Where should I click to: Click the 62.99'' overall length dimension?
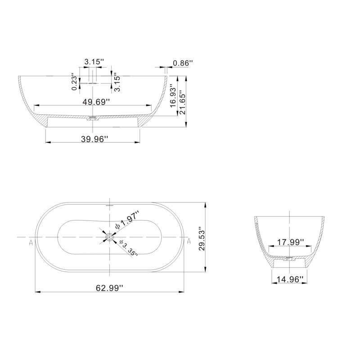109,288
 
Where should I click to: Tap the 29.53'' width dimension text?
202,239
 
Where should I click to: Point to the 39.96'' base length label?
94,139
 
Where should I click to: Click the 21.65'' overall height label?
183,100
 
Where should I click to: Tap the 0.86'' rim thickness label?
183,63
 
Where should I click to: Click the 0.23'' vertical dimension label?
74,82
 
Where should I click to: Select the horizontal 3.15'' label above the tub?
94,62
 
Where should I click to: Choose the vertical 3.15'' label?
117,82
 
